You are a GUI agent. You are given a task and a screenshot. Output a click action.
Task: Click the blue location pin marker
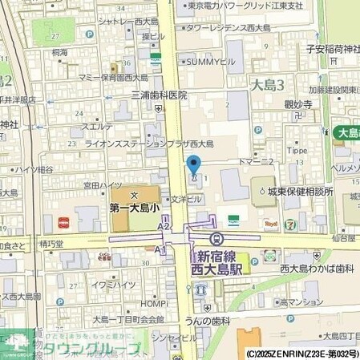(193, 165)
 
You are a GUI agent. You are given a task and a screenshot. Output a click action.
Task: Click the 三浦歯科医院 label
(159, 95)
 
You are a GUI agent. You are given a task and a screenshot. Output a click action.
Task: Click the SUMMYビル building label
(211, 60)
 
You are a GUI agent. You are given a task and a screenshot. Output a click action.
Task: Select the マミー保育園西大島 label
(113, 78)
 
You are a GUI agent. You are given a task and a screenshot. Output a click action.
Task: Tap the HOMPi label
(152, 305)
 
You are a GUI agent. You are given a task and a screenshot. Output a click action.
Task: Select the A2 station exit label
(164, 227)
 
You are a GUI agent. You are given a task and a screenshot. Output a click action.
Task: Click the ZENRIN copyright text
(303, 353)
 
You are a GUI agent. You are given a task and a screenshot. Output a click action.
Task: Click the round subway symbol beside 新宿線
(216, 238)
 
